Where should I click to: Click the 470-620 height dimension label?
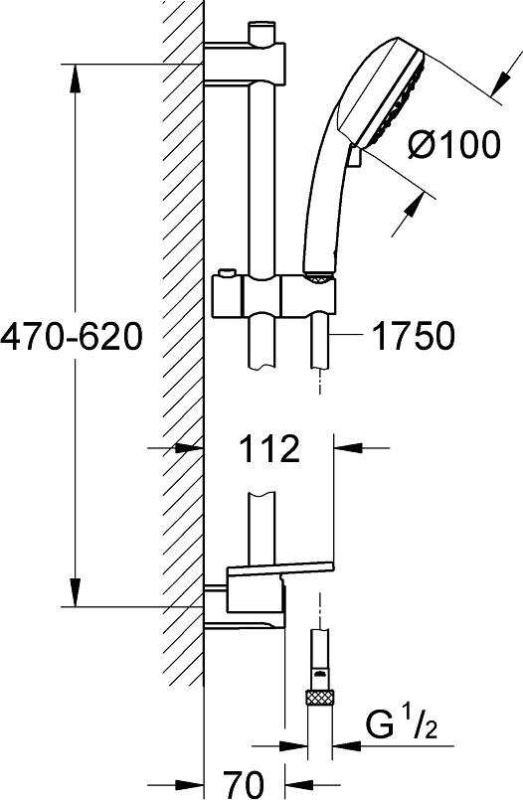click(x=71, y=337)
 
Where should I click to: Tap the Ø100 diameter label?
click(x=453, y=144)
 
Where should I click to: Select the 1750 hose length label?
click(x=413, y=335)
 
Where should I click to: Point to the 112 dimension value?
click(x=269, y=448)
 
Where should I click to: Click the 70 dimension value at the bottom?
click(x=244, y=783)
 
